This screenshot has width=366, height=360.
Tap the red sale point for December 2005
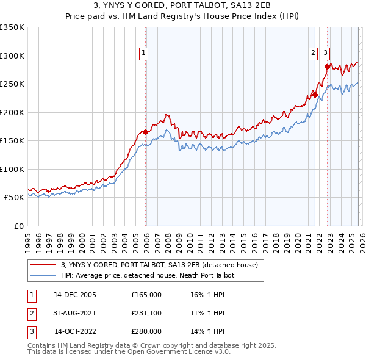pos(146,132)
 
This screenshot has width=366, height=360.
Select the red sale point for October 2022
pos(327,67)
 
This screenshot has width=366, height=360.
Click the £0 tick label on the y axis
pos(18,226)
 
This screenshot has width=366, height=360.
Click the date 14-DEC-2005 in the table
pos(75,295)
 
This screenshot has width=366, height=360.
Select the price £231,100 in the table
pos(146,313)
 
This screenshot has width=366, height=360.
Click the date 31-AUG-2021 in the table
pos(75,313)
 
